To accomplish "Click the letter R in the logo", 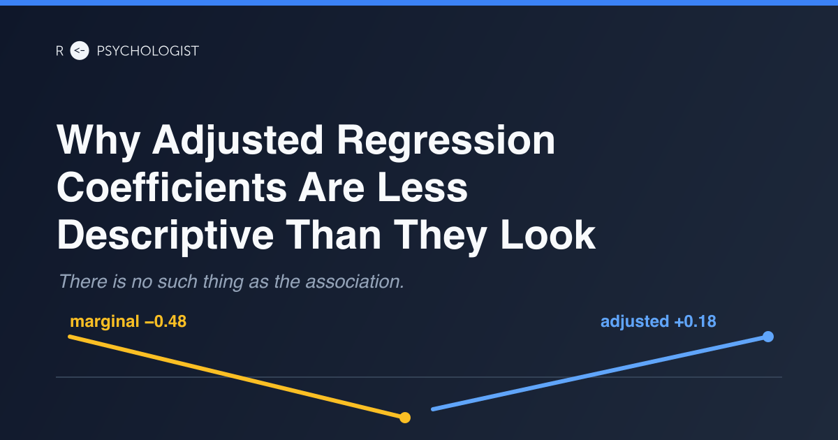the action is [59, 51].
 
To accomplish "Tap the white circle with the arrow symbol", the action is [80, 50].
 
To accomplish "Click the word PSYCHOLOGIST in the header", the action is [148, 51].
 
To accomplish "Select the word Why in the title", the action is [98, 141].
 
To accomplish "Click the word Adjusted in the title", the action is [237, 141].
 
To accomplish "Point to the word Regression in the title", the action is [446, 141].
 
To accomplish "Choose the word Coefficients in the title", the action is [172, 187].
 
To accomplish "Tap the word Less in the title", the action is [422, 188].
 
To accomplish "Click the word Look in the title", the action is [547, 235].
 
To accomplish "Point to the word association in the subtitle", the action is [355, 281].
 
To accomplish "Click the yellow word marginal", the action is [105, 322].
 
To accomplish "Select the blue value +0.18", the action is [695, 321].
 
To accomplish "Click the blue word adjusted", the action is [635, 322].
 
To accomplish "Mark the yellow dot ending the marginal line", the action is [405, 418].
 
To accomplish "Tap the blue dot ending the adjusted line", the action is [768, 337].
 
